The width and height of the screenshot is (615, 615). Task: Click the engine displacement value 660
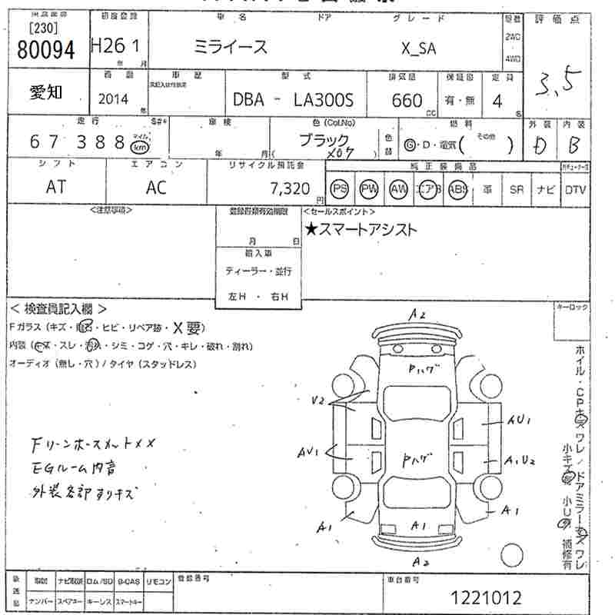(407, 101)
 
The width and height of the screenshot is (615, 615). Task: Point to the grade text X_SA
(419, 48)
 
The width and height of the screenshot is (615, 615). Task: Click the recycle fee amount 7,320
(290, 188)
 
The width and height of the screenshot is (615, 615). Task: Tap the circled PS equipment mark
(339, 189)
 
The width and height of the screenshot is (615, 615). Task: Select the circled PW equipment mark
(369, 189)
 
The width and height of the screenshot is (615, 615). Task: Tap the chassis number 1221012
(487, 597)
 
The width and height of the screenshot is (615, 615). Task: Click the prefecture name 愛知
(46, 92)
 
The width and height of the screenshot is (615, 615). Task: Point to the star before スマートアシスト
(311, 229)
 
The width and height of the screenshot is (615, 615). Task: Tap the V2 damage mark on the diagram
(319, 401)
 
